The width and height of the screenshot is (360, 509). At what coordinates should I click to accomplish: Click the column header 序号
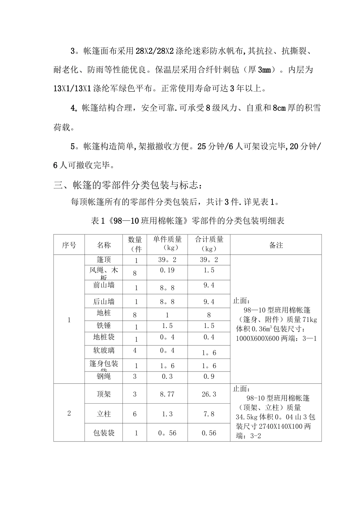[x=69, y=245]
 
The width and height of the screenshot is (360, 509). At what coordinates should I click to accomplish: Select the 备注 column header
[x=276, y=245]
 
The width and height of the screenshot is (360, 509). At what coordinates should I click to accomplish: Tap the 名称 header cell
[x=103, y=245]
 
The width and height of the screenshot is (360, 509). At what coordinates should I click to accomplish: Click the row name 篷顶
[x=103, y=260]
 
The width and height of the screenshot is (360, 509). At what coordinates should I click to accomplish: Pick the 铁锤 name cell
[x=103, y=326]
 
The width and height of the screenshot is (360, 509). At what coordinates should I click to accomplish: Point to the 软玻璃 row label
[x=103, y=350]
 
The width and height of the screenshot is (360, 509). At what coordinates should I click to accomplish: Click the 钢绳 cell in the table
[x=103, y=376]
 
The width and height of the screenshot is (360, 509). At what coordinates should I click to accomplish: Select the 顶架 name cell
[x=103, y=394]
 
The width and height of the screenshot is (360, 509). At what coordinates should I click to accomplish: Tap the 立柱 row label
[x=103, y=414]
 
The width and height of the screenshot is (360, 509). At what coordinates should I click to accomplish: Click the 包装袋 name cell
[x=103, y=433]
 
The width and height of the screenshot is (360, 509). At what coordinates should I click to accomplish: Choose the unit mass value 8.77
[x=167, y=394]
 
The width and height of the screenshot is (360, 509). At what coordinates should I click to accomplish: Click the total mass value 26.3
[x=209, y=394]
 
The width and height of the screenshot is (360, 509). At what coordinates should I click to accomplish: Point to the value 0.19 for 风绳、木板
[x=167, y=270]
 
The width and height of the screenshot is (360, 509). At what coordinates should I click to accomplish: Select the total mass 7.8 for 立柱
[x=209, y=414]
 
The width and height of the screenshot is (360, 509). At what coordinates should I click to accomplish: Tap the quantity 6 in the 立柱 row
[x=135, y=414]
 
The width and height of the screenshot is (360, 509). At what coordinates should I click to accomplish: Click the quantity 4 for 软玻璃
[x=135, y=350]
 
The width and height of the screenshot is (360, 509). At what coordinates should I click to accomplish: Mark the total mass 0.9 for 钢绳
[x=209, y=376]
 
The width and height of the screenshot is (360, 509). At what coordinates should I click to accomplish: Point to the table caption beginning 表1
[x=188, y=220]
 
